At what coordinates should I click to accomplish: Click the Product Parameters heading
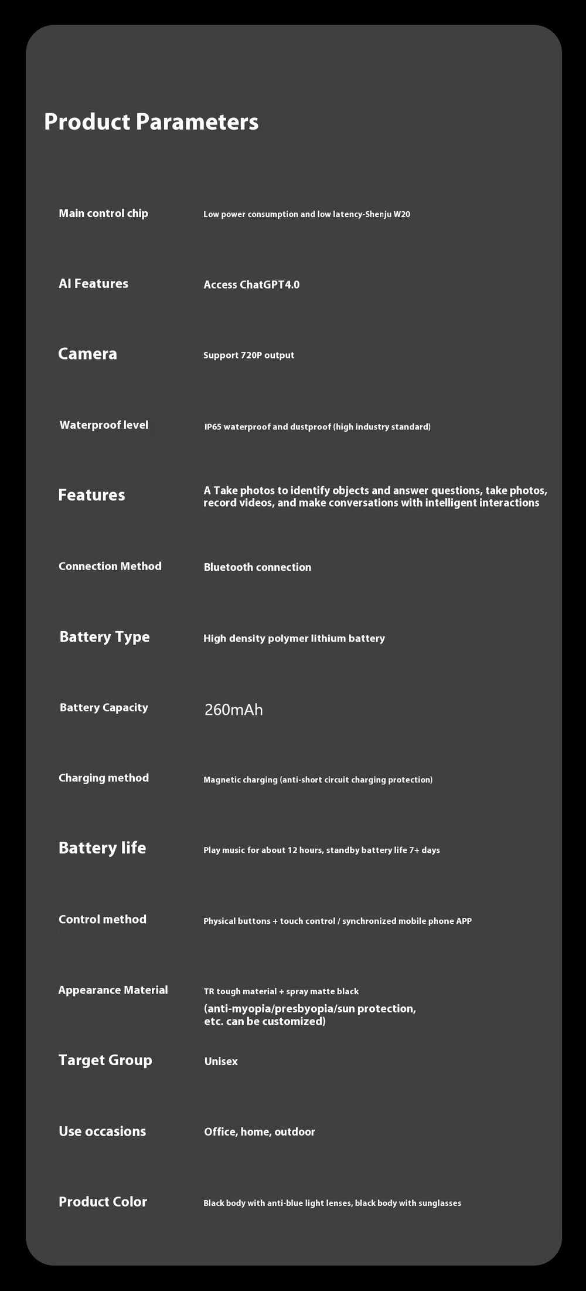(151, 122)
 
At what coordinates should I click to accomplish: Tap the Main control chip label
(103, 214)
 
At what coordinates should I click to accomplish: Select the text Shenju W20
(387, 215)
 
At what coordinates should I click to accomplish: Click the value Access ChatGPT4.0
(251, 285)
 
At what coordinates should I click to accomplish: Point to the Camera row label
(87, 354)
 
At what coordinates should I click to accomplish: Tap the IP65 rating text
(213, 427)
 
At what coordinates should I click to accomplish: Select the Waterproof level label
(104, 425)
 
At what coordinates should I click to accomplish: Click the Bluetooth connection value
(257, 567)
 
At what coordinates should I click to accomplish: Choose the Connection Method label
(110, 567)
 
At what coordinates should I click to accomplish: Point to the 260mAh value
(234, 710)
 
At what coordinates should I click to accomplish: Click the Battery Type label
(104, 637)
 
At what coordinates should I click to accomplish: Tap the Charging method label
(104, 778)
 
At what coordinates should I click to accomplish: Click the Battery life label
(102, 848)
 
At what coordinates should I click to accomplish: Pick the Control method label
(103, 920)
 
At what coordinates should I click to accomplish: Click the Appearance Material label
(113, 990)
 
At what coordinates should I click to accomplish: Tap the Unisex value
(221, 1062)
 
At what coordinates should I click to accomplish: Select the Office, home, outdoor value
(260, 1132)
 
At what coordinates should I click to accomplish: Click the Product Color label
(103, 1202)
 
